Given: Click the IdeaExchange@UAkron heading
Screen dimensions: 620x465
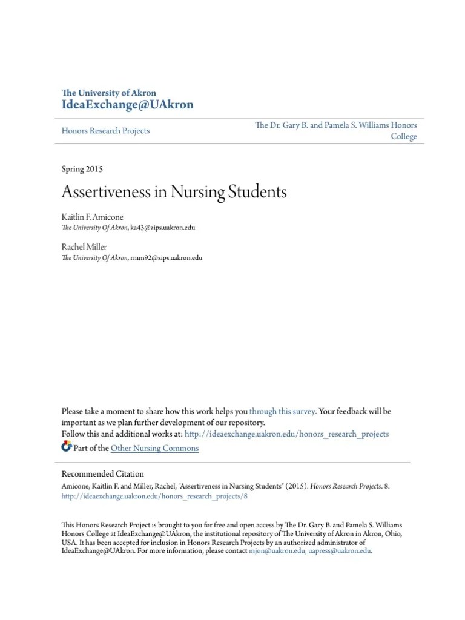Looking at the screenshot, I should pos(128,105).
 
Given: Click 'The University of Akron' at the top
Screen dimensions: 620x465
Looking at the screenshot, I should pos(109,93).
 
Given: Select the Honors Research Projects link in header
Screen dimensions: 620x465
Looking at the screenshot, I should pos(105,131).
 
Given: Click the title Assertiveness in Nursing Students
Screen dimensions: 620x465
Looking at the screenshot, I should pos(174,193).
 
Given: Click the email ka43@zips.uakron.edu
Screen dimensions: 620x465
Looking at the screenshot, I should pos(163,228).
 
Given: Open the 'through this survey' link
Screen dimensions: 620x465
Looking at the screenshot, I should pos(282,411).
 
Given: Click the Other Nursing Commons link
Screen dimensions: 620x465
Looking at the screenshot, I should pos(154,448).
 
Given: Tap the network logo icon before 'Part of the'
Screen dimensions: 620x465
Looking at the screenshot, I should pos(67,447).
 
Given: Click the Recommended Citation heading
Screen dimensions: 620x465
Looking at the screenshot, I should pos(103,474).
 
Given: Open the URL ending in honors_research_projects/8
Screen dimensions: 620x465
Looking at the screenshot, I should pos(155,496).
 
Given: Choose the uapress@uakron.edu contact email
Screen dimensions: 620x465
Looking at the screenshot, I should pos(339,552).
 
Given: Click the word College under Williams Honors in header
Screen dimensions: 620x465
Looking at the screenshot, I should pos(403,137).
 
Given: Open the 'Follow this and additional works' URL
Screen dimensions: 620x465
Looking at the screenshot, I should pos(286,434).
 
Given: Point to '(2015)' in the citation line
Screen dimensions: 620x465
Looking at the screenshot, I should pos(295,486).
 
